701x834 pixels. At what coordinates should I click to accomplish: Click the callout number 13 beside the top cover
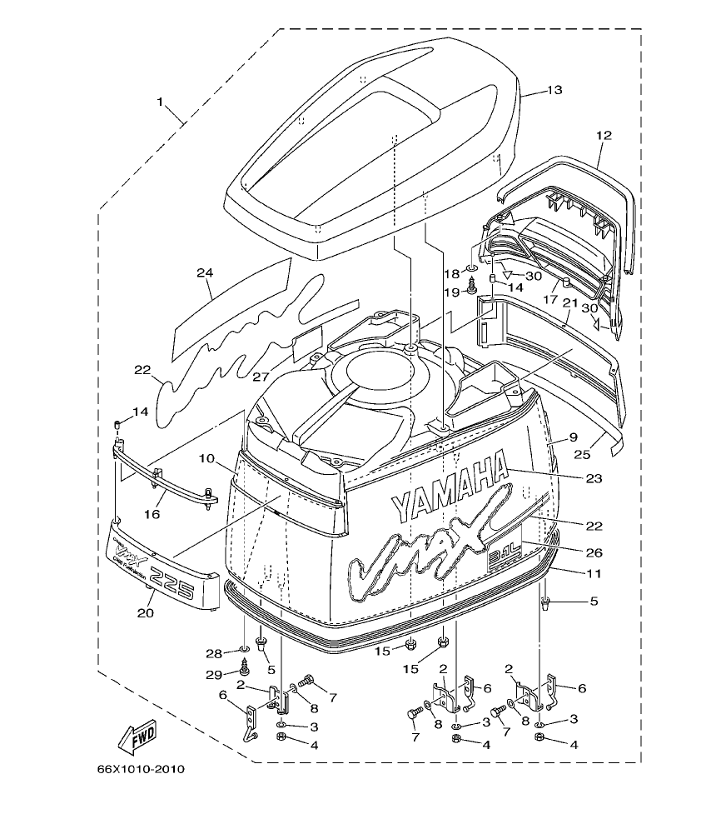tap(554, 90)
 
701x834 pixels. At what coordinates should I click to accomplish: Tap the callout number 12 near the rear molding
tap(604, 134)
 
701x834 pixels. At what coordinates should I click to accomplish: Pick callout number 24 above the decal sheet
tap(206, 272)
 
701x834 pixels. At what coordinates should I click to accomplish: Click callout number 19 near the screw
tap(450, 292)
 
